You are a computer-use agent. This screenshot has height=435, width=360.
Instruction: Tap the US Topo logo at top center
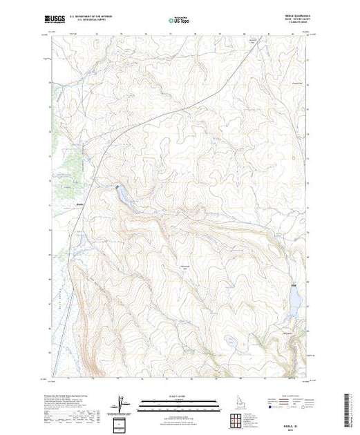coord(179,21)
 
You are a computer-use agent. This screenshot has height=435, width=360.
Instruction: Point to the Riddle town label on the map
coord(81,204)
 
